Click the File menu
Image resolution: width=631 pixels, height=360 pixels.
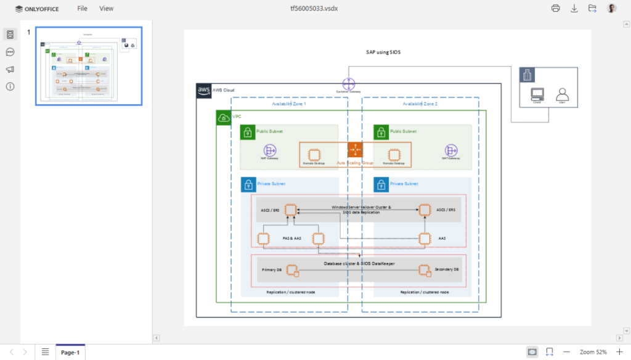[82, 9]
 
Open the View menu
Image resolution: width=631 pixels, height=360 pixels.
[107, 9]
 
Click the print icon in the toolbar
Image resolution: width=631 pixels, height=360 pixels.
[556, 9]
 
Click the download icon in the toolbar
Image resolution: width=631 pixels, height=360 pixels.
[574, 9]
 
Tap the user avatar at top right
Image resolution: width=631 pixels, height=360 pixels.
[611, 9]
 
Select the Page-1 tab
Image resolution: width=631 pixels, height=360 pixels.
[70, 352]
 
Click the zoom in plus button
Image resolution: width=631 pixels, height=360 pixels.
[619, 351]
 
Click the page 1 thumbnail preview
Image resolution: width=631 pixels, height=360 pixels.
[88, 66]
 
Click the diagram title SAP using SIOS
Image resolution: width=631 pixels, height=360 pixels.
[383, 52]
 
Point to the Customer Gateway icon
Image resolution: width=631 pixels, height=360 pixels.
[349, 84]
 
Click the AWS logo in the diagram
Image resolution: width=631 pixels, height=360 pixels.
[204, 90]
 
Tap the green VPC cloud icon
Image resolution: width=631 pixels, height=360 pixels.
[223, 117]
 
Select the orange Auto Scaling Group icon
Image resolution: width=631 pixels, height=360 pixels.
[355, 150]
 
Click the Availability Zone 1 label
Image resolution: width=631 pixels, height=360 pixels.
[289, 104]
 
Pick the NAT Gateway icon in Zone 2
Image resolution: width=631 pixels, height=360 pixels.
[452, 150]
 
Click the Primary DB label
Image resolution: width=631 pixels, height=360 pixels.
[272, 269]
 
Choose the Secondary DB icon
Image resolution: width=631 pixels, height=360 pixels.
[423, 269]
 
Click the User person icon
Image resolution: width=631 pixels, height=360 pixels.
[562, 94]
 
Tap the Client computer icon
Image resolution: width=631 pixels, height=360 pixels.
[537, 94]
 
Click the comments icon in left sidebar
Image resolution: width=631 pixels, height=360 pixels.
[10, 52]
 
